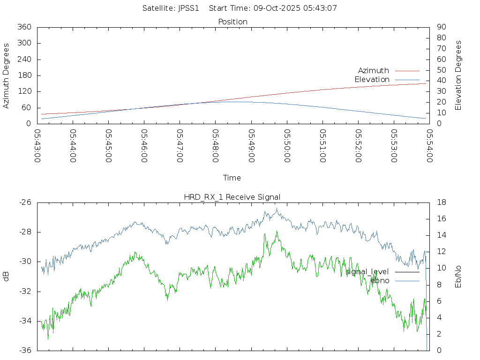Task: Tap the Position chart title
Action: pos(233,22)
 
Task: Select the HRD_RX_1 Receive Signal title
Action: pos(232,197)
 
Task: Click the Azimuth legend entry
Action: pos(374,70)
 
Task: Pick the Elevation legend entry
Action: pos(372,80)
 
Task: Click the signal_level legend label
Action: pos(367,272)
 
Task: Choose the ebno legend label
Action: pos(380,281)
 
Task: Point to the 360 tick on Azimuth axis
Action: pos(24,27)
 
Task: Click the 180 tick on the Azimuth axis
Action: pos(24,75)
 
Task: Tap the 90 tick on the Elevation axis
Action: pos(441,27)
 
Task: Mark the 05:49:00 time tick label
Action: pos(252,146)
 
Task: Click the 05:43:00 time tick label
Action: pos(37,146)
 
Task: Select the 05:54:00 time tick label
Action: pos(430,146)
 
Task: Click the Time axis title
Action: pos(232,178)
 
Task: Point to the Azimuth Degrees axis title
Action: pos(7,75)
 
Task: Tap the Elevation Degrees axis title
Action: pos(458,75)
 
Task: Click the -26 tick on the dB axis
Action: pos(25,202)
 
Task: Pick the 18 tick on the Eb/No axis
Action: pos(441,202)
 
